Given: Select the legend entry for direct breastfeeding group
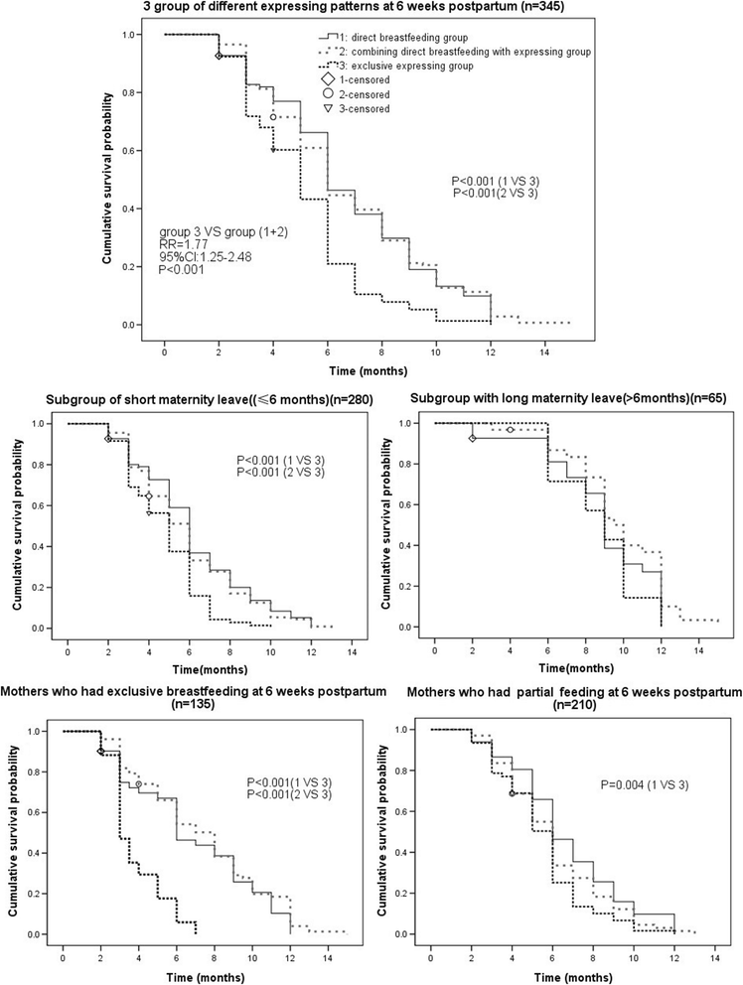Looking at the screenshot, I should (397, 38).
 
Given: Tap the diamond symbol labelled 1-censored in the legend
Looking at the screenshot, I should (315, 79).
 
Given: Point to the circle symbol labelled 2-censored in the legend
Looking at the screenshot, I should (315, 94).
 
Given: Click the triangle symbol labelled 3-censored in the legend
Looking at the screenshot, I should (315, 109).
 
